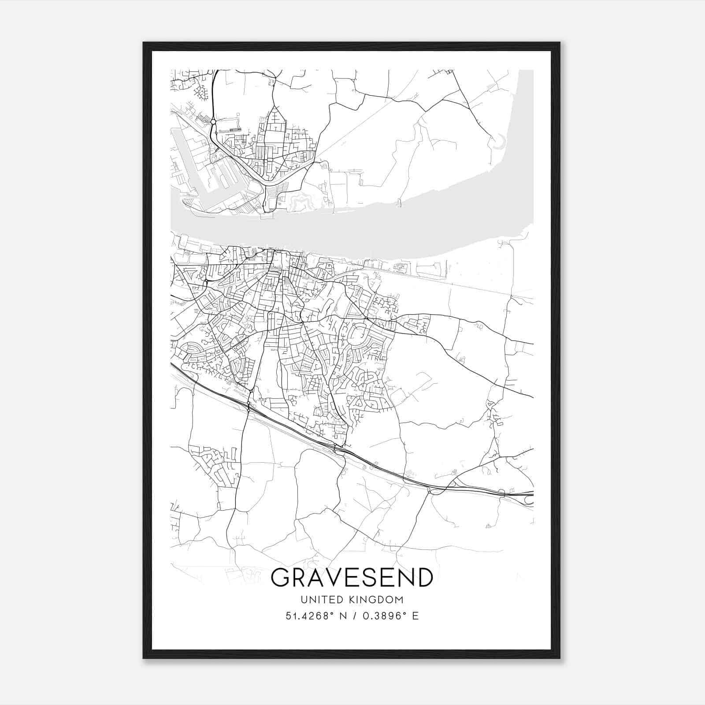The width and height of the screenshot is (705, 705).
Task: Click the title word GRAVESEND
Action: click(x=352, y=578)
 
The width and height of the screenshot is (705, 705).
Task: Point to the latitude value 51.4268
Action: click(x=308, y=616)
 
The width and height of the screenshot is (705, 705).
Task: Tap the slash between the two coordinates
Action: click(x=355, y=616)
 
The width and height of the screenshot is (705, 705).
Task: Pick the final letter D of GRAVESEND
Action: click(x=424, y=578)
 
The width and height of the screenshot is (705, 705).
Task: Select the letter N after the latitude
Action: click(x=344, y=616)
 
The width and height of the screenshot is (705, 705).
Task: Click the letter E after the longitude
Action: click(x=415, y=616)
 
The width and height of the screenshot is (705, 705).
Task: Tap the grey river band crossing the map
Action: click(x=352, y=234)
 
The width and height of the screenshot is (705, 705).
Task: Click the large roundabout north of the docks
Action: click(x=213, y=122)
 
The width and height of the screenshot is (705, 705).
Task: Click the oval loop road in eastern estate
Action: click(x=357, y=335)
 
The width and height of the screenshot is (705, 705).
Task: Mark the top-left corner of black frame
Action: click(x=143, y=42)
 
